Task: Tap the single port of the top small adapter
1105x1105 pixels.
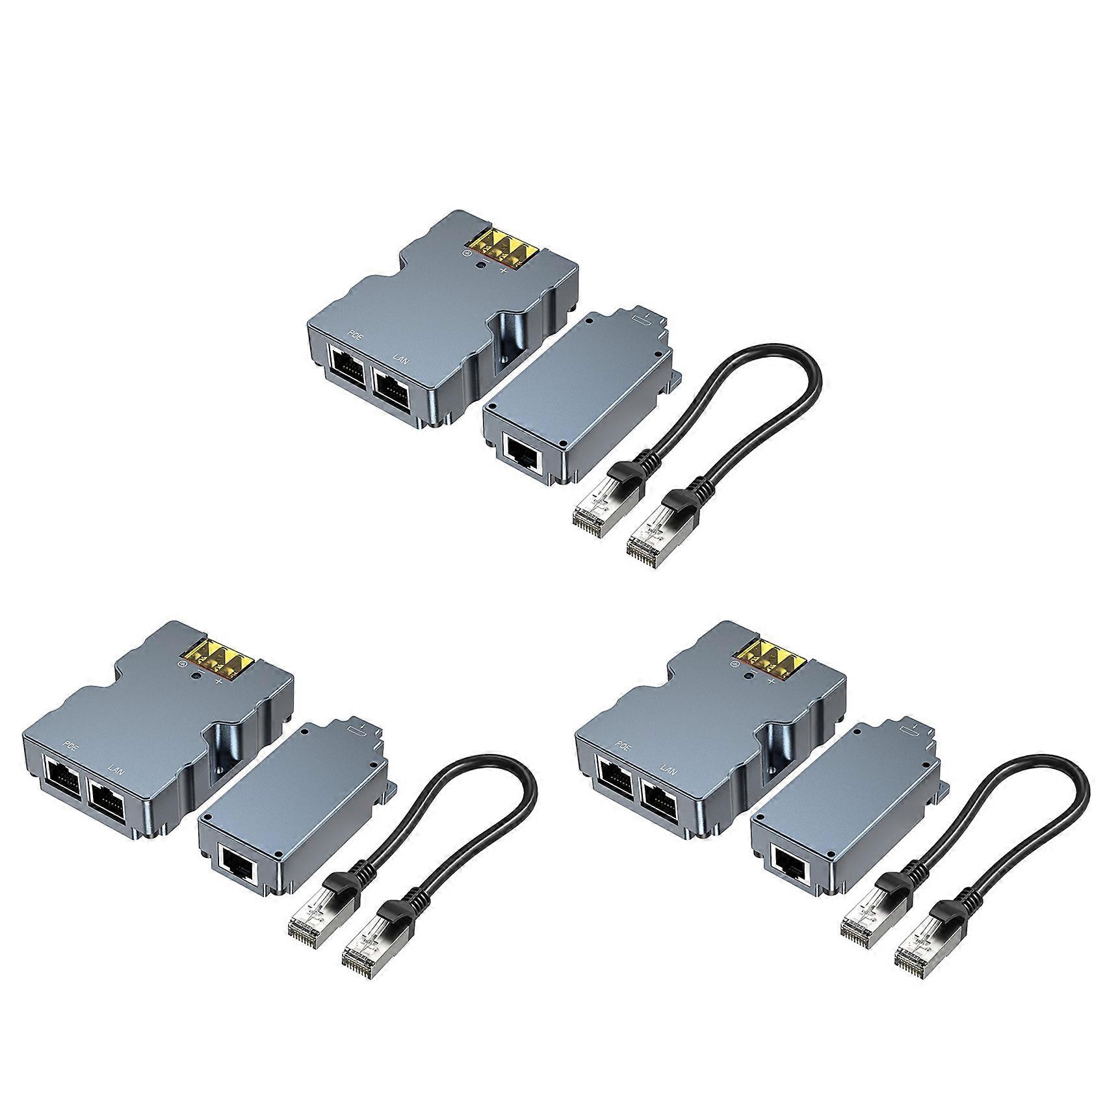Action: (x=524, y=453)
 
